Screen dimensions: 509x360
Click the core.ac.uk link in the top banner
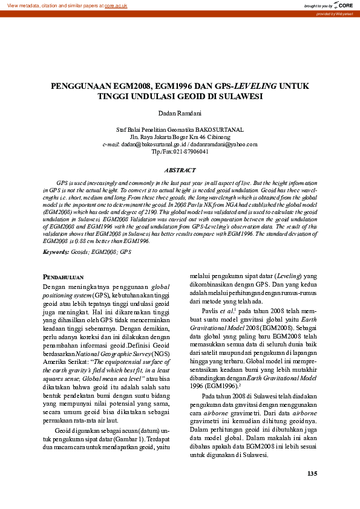[x=116, y=5]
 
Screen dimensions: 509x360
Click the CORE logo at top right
[x=343, y=5]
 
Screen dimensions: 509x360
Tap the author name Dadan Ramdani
[x=180, y=113]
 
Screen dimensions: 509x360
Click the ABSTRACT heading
[x=180, y=171]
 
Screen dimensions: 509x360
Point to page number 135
[x=312, y=473]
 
